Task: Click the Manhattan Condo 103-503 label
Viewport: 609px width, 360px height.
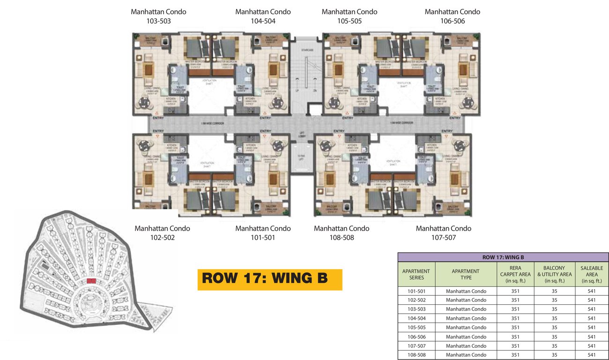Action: pos(158,16)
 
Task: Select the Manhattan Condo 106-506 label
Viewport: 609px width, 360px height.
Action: pos(452,16)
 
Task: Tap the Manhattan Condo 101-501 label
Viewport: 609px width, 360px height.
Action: pos(263,233)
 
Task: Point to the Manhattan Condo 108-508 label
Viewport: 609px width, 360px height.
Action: pos(342,233)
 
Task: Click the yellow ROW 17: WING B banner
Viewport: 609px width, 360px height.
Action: pos(270,278)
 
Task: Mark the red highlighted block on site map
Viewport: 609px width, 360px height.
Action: pos(91,280)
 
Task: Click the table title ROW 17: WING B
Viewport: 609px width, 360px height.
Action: pos(503,257)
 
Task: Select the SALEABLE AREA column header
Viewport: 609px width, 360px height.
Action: pos(591,274)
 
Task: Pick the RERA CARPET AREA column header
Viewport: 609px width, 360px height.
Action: pos(515,274)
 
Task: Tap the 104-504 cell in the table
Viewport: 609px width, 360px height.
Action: pos(416,318)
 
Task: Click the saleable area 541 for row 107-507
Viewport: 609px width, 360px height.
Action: pos(591,346)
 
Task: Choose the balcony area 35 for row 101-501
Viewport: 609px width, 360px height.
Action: pos(554,291)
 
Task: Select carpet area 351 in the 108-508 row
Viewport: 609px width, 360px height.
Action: pos(515,355)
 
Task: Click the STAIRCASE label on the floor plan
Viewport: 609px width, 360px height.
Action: pos(307,49)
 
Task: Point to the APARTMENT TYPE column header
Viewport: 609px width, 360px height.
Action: pos(466,274)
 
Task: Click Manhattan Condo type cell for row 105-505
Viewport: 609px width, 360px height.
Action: pos(466,328)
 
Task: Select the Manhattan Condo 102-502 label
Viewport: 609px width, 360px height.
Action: pos(162,233)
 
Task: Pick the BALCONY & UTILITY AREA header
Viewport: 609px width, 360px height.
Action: pos(554,274)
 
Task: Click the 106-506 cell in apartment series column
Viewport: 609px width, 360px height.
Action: pos(416,337)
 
